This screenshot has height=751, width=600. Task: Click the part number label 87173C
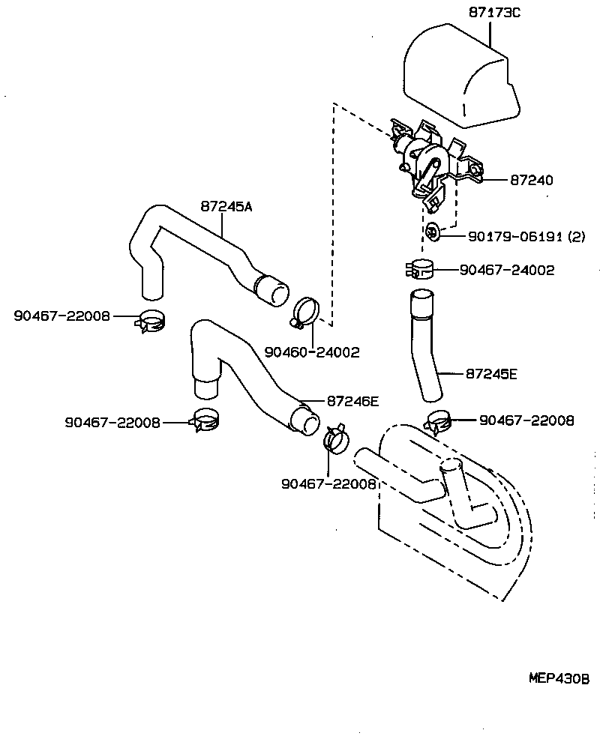click(x=494, y=13)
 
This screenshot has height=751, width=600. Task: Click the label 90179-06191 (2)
click(x=526, y=236)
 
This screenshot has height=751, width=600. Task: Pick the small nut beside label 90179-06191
click(x=433, y=233)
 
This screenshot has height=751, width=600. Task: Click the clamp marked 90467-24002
click(x=421, y=270)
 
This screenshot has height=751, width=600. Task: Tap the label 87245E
click(x=491, y=373)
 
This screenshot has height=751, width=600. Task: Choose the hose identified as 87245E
click(x=424, y=345)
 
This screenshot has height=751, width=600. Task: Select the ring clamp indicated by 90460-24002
click(x=304, y=313)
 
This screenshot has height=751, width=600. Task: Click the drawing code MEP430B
click(x=559, y=678)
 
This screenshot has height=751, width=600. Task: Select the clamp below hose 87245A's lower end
click(x=151, y=322)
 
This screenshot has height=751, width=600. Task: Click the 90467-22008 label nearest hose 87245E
click(x=526, y=421)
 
